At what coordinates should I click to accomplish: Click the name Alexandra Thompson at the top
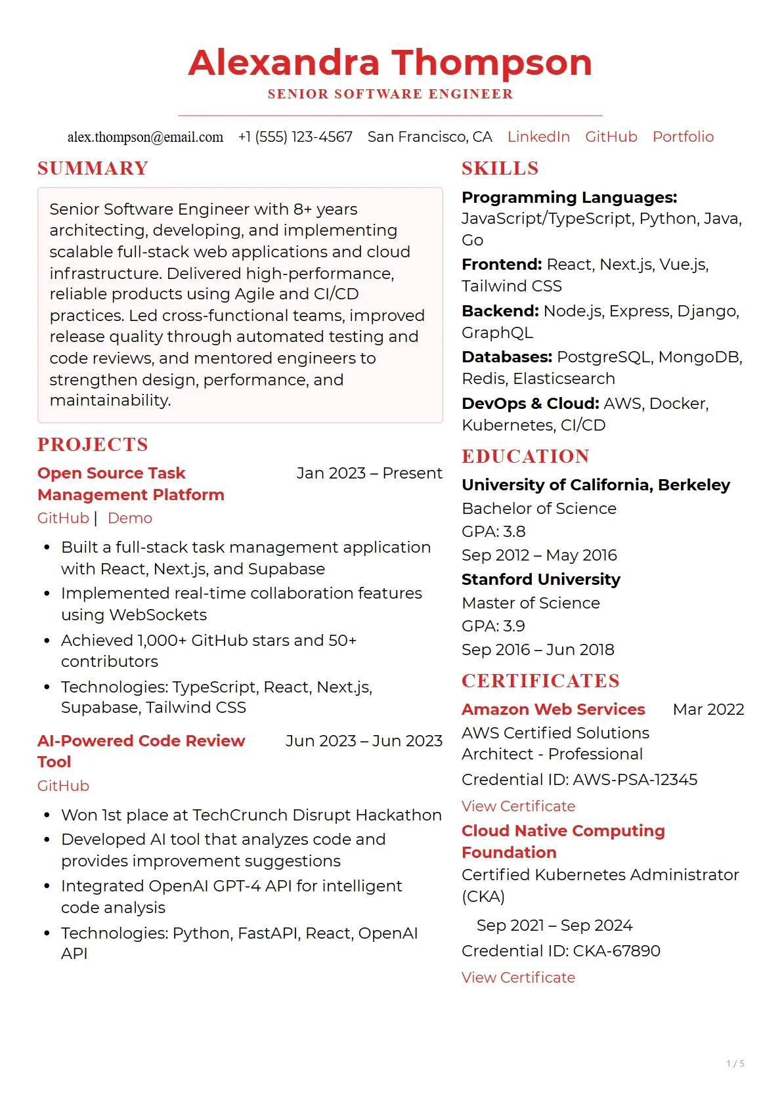(x=390, y=63)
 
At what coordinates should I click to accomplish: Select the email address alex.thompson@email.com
(x=145, y=137)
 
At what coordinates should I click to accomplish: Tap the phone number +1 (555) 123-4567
(x=295, y=137)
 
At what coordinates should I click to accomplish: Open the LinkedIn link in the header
(x=538, y=137)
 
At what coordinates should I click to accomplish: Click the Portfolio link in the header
(x=682, y=137)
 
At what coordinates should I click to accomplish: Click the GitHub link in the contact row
(x=611, y=137)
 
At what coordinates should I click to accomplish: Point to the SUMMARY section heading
(x=93, y=169)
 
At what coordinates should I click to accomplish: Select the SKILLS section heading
(x=500, y=169)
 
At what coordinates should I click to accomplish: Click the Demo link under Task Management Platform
(x=129, y=519)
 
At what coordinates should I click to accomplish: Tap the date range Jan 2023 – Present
(x=369, y=473)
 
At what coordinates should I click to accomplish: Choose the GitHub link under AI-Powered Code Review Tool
(x=63, y=786)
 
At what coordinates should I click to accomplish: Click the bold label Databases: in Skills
(x=506, y=357)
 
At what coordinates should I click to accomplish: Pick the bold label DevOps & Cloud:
(x=530, y=404)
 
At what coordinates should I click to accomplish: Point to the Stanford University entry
(x=540, y=580)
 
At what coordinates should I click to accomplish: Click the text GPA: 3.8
(x=493, y=532)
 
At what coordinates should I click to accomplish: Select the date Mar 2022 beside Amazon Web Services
(x=708, y=710)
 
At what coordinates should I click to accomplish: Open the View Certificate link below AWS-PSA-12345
(x=518, y=806)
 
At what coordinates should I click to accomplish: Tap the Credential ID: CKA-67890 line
(x=560, y=951)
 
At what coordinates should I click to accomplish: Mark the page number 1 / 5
(x=735, y=1063)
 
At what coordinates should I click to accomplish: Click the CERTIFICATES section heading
(x=540, y=681)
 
